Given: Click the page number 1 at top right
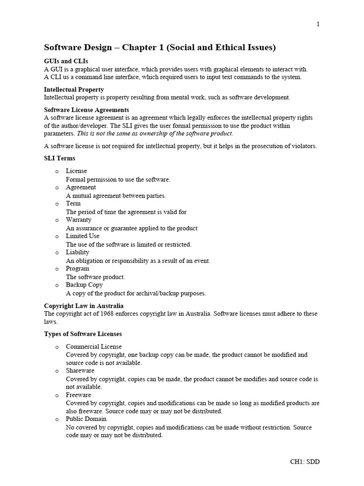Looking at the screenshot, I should (318, 25).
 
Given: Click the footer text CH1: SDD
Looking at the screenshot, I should (305, 462).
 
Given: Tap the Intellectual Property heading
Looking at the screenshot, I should (74, 89).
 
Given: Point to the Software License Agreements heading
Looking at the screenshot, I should (86, 110).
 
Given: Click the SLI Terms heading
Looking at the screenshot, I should (59, 158).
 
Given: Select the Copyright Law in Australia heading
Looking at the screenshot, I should (84, 306).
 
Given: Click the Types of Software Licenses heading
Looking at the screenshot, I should (83, 334).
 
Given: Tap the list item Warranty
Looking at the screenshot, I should (79, 220).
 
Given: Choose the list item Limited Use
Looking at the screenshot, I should (82, 236).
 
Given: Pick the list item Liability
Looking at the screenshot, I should (77, 252).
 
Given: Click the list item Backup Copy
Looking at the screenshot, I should (84, 285).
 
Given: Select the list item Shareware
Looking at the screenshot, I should (80, 370).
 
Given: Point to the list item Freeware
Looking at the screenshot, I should (78, 395).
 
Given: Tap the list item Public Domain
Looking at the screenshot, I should (86, 419).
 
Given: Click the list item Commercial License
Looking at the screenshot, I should (94, 346).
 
